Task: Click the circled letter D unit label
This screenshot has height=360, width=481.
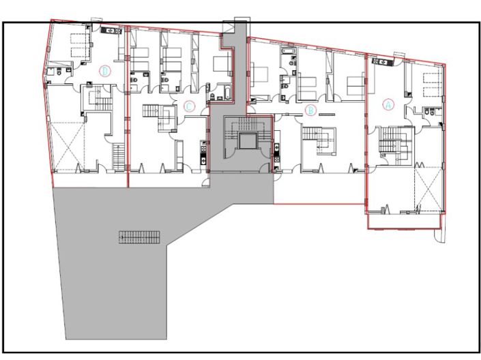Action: [104, 70]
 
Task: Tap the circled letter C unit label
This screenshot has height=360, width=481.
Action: [190, 106]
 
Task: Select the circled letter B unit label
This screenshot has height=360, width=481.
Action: [310, 108]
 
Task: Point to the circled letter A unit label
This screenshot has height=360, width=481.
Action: [389, 104]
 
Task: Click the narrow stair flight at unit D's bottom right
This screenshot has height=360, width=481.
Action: [117, 157]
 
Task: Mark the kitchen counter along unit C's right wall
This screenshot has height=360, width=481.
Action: [202, 154]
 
